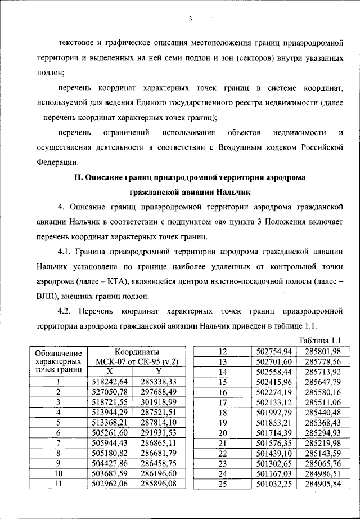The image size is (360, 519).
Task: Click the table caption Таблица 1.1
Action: click(x=321, y=339)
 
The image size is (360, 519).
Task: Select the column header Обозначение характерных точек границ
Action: click(x=58, y=361)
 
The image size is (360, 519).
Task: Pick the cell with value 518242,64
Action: click(x=110, y=382)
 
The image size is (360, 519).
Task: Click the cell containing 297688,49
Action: click(x=159, y=392)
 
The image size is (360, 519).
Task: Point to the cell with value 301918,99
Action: click(x=159, y=402)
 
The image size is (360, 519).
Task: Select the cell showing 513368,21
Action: click(x=110, y=422)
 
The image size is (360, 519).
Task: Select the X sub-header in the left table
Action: click(x=110, y=372)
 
